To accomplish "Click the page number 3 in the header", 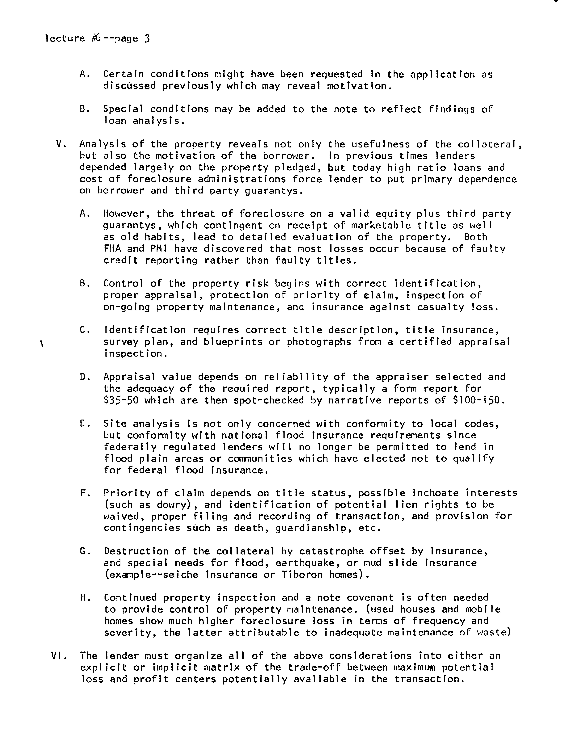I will point(147,38).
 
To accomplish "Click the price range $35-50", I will point(121,400).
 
